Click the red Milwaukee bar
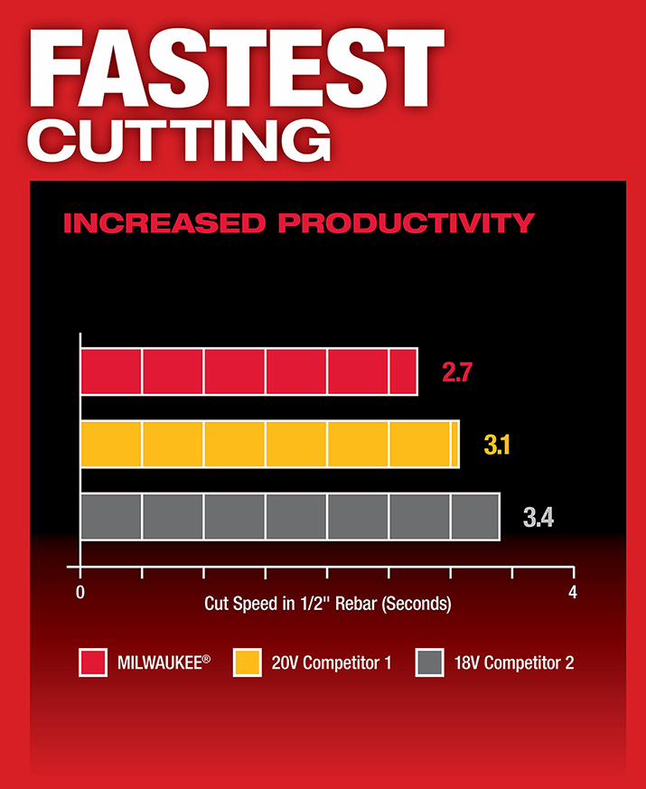click(248, 371)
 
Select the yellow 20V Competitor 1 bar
click(269, 444)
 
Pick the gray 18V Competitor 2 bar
click(289, 517)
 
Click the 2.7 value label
click(457, 371)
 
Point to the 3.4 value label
click(538, 518)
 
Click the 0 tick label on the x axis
click(80, 592)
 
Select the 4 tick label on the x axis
click(572, 592)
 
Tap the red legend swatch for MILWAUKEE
click(93, 662)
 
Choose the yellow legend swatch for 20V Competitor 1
click(248, 662)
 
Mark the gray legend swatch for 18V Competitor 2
click(428, 662)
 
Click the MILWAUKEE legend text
click(163, 662)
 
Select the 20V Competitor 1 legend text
click(332, 662)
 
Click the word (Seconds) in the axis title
click(417, 603)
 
